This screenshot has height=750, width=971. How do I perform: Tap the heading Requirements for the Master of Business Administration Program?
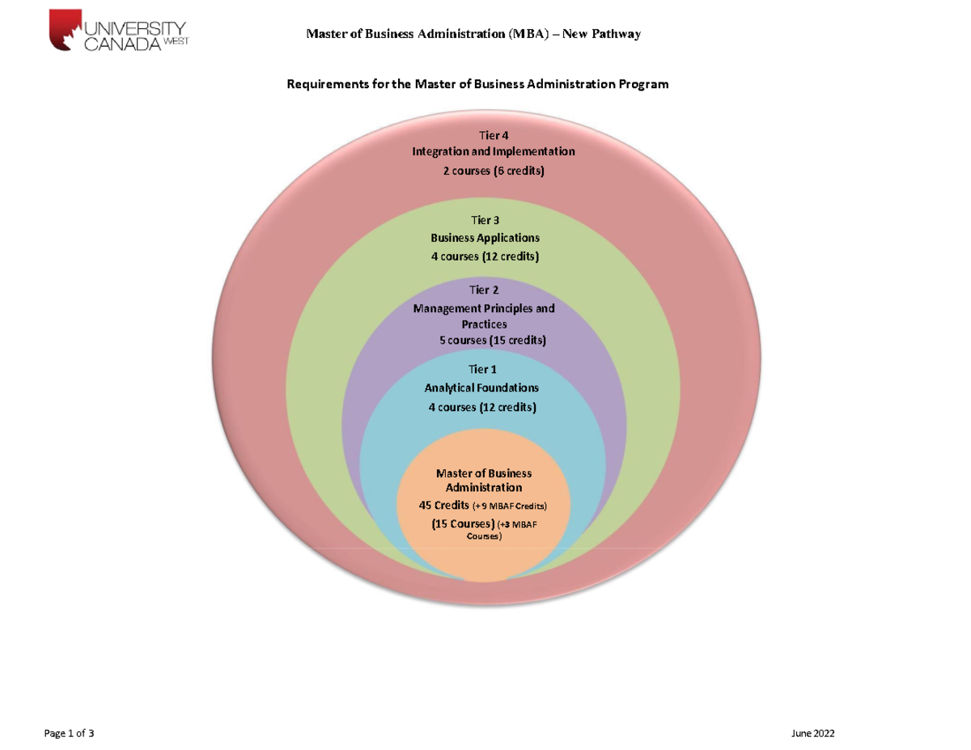(478, 84)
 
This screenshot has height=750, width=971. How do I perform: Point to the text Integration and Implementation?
(494, 151)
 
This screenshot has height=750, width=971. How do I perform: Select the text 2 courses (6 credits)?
(494, 171)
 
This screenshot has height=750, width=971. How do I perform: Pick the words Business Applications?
(485, 238)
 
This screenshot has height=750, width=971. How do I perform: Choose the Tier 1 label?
(482, 370)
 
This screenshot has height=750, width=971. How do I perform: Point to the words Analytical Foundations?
(481, 388)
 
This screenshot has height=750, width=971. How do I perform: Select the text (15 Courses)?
(464, 524)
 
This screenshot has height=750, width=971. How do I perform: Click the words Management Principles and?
(484, 308)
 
